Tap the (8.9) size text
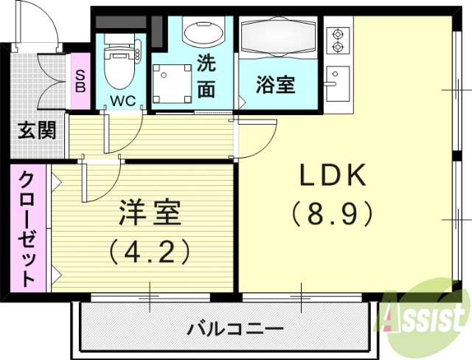(333, 214)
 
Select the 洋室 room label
(150, 215)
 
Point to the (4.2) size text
(150, 250)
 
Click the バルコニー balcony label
(224, 327)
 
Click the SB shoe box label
(80, 80)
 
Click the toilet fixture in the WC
(117, 65)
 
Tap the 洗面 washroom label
(206, 76)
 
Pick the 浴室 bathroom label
(276, 84)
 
